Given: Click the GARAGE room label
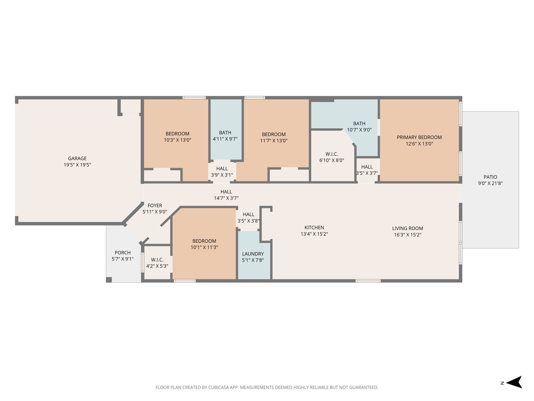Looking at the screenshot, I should pos(77,158).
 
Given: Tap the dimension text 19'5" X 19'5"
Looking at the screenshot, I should pos(77,165).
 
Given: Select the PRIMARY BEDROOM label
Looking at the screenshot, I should pos(419,137).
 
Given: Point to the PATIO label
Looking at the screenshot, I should pos(490,177).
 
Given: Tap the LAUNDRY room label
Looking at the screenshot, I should pos(253,254).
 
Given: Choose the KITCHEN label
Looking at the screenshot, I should pos(314,228).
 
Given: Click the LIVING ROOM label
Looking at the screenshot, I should pos(407,228).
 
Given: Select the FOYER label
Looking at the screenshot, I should pos(155,205).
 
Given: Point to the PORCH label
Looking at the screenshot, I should pos(123,253).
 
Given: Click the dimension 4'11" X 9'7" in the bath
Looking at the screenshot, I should pos(225,139).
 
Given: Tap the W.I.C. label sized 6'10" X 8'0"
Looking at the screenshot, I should pos(332,154).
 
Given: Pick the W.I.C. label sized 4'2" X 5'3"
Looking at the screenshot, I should pos(157,260).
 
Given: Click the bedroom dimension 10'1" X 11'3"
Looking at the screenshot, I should pos(204,247).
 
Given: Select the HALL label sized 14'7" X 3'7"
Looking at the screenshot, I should pos(226,192).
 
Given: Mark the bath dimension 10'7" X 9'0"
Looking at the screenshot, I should pos(359,130).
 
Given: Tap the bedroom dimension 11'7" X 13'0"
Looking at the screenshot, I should pos(274,141).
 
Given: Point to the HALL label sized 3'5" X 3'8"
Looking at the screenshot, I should pos(248,215).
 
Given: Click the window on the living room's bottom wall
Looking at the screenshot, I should pos(368,281).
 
